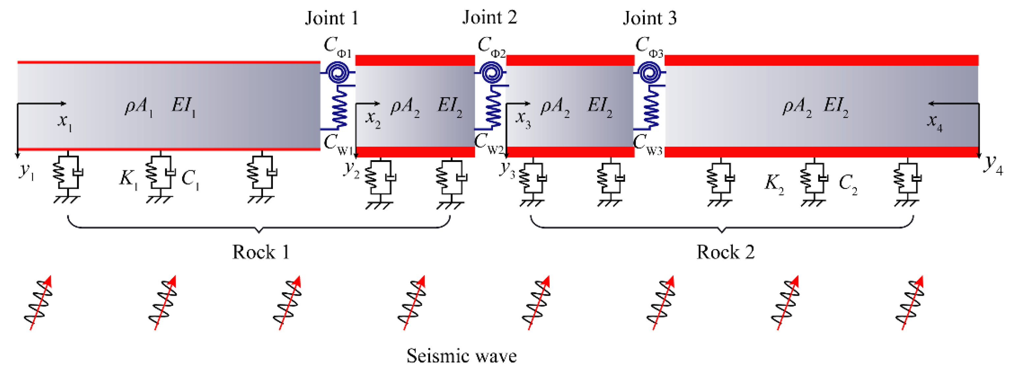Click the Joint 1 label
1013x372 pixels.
(x=332, y=18)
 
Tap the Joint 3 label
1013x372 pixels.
(x=649, y=18)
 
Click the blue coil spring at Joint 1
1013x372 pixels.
(x=339, y=107)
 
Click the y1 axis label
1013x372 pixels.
(x=26, y=171)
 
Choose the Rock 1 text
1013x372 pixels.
(x=261, y=252)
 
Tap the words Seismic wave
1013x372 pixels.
(x=461, y=356)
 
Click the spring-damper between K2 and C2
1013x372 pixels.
(x=814, y=179)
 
